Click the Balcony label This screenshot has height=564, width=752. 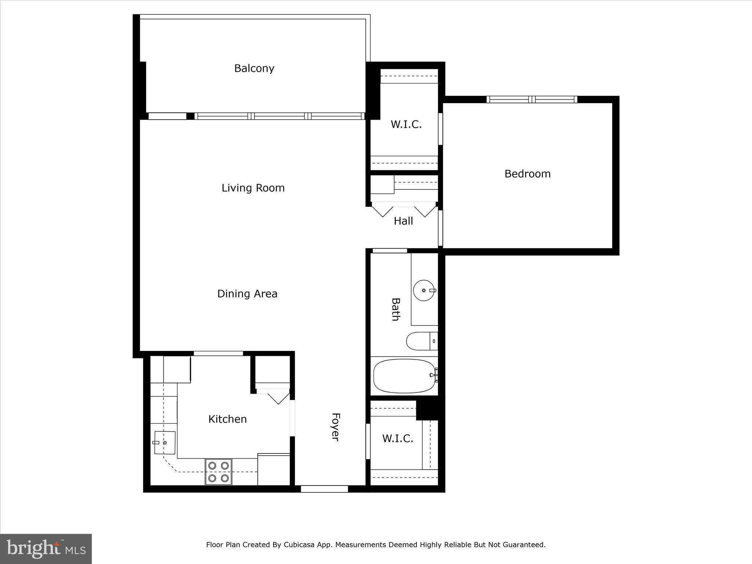click(254, 68)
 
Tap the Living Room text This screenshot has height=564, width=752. click(253, 188)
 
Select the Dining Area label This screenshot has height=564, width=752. click(247, 294)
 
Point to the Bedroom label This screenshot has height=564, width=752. click(527, 174)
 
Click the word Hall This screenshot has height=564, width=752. click(403, 221)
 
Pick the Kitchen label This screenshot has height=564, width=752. click(227, 419)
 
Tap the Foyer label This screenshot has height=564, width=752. click(335, 427)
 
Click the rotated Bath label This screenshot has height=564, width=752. click(395, 310)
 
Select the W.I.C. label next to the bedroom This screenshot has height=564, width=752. click(406, 124)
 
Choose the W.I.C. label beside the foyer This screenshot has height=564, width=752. click(398, 438)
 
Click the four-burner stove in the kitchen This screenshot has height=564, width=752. click(218, 472)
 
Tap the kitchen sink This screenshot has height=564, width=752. click(164, 443)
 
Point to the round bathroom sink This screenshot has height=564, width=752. click(424, 290)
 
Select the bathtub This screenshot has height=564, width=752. click(404, 376)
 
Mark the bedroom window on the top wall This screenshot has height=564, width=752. click(531, 100)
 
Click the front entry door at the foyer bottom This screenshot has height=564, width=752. click(324, 489)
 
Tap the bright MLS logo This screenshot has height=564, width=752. click(46, 549)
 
